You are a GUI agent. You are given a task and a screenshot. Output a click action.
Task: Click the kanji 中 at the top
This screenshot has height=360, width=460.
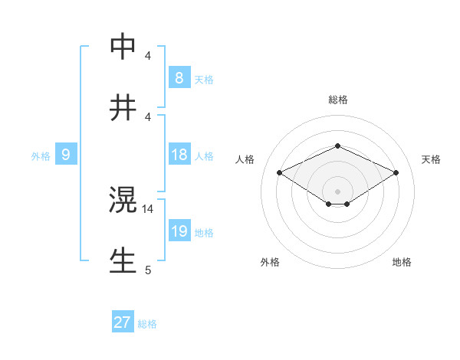(123, 47)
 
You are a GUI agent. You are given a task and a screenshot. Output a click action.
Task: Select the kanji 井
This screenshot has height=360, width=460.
(123, 108)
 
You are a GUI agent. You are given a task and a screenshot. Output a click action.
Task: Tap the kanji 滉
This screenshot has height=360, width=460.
(123, 201)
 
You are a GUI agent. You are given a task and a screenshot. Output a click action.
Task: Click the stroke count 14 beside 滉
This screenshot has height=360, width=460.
(148, 208)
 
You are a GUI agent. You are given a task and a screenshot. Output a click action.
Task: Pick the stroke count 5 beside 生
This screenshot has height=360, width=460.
(148, 270)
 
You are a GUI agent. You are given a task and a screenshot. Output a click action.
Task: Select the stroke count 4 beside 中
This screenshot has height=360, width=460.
(148, 56)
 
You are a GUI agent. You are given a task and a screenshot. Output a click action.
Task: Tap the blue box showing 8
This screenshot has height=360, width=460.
(179, 77)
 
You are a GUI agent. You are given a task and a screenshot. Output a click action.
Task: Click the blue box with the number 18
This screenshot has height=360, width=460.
(179, 155)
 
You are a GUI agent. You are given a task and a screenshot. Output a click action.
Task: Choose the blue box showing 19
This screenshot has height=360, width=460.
(179, 231)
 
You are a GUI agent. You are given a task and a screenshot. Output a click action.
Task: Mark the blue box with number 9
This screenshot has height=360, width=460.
(66, 155)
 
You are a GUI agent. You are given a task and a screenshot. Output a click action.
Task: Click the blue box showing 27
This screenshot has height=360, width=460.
(123, 322)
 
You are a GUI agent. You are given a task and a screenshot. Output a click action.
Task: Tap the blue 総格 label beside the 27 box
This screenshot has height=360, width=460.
(147, 324)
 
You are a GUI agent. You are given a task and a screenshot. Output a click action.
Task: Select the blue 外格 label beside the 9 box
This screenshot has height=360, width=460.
(41, 156)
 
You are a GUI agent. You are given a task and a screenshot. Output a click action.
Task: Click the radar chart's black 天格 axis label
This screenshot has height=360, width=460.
(431, 159)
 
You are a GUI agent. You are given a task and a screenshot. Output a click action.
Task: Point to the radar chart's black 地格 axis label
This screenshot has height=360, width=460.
(402, 262)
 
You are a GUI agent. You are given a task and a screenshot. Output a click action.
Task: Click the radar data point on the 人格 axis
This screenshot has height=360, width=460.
(279, 173)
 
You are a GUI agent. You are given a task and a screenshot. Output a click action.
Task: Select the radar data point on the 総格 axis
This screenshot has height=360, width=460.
(337, 146)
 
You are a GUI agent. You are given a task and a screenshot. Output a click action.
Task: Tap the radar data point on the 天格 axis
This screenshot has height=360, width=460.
(396, 173)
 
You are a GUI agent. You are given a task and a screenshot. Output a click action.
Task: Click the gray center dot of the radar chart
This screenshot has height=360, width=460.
(337, 191)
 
